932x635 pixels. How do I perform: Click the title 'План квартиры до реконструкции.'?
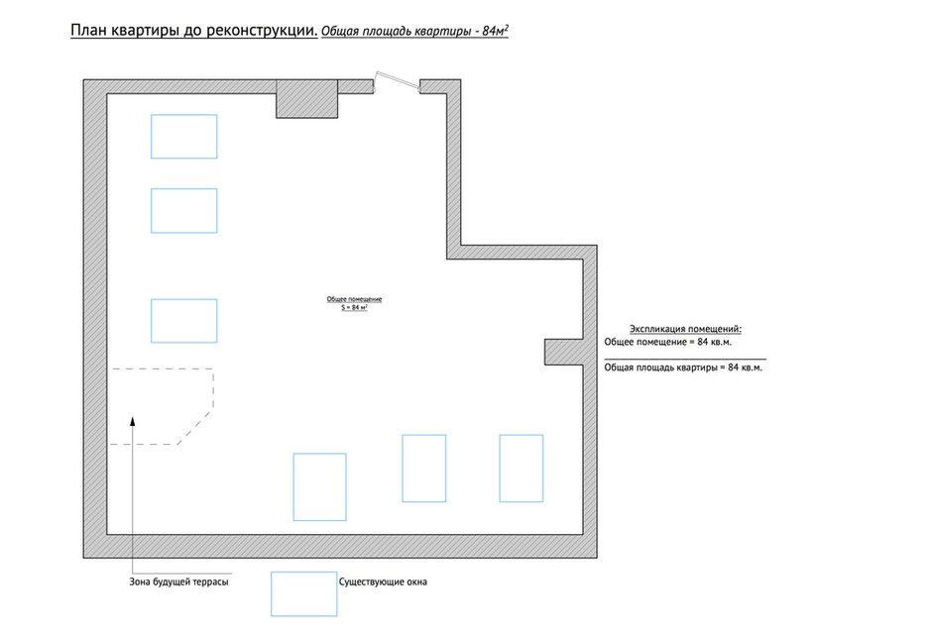coord(193,31)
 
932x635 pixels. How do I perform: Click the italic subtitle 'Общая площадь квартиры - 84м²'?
coord(414,31)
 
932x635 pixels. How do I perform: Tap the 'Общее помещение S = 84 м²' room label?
coord(354,303)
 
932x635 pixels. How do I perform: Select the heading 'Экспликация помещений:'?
coord(685,329)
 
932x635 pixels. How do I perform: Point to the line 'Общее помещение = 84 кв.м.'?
coord(668,342)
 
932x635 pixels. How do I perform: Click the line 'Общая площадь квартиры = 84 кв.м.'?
coord(683,368)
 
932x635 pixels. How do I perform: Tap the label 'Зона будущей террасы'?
coord(178,582)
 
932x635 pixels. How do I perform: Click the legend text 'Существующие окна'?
coord(383,582)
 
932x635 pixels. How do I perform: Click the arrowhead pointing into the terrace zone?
coord(133,421)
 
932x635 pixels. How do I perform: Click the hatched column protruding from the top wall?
coord(306,99)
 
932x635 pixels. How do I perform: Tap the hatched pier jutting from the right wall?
coord(563,352)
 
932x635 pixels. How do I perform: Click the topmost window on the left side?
coord(184,115)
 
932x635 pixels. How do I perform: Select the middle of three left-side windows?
coord(184,189)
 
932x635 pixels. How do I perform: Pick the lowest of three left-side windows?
coord(184,300)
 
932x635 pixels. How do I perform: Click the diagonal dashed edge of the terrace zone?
coord(195,427)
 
